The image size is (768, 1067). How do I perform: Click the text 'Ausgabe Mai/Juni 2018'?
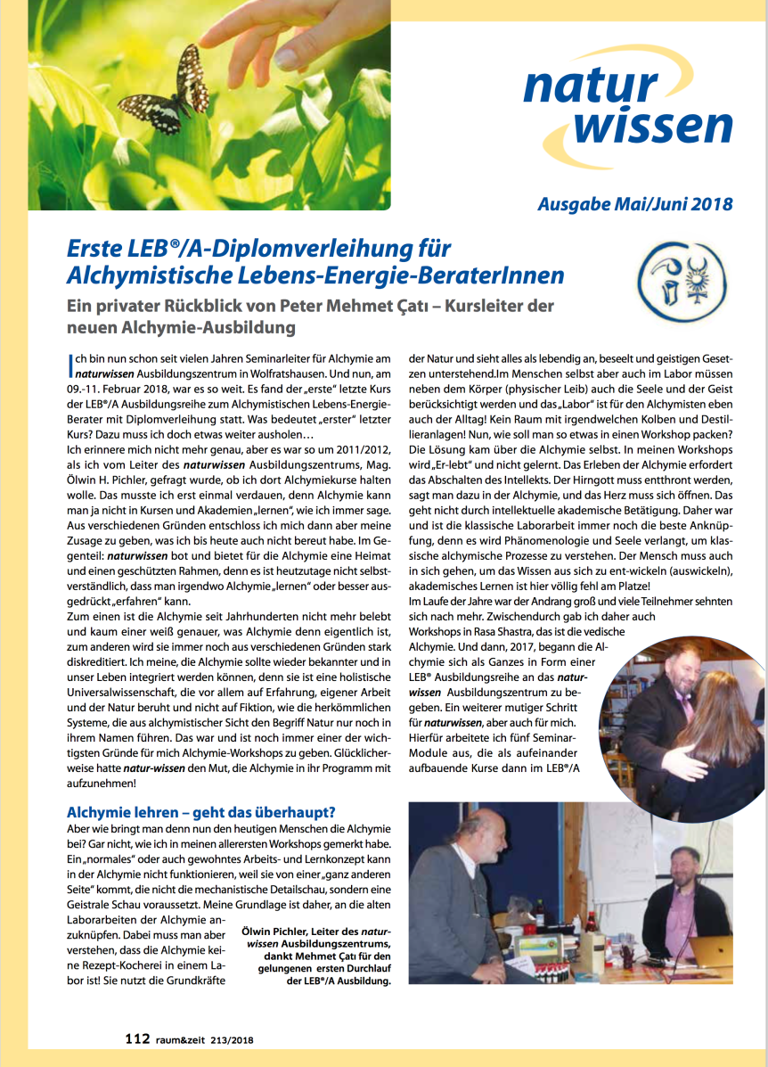(634, 204)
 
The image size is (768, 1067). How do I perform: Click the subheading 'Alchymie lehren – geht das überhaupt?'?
(200, 813)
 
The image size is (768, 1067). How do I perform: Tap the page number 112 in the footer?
(136, 1038)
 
